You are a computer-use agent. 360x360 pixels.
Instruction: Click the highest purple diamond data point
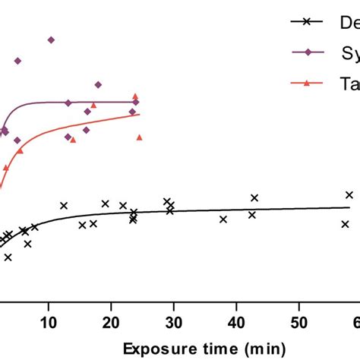(x=51, y=39)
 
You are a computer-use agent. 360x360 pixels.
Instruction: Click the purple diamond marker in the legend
(x=307, y=52)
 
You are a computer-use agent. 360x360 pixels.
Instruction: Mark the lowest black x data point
(x=8, y=257)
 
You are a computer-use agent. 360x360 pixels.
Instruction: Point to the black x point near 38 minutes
(x=223, y=219)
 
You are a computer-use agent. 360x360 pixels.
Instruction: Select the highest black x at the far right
(x=349, y=194)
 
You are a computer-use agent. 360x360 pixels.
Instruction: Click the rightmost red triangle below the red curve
(x=140, y=137)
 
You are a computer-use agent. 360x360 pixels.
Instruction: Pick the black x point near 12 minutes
(x=64, y=205)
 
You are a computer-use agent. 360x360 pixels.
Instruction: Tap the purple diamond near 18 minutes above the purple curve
(x=98, y=84)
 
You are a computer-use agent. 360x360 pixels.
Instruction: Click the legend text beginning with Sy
(x=348, y=52)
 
